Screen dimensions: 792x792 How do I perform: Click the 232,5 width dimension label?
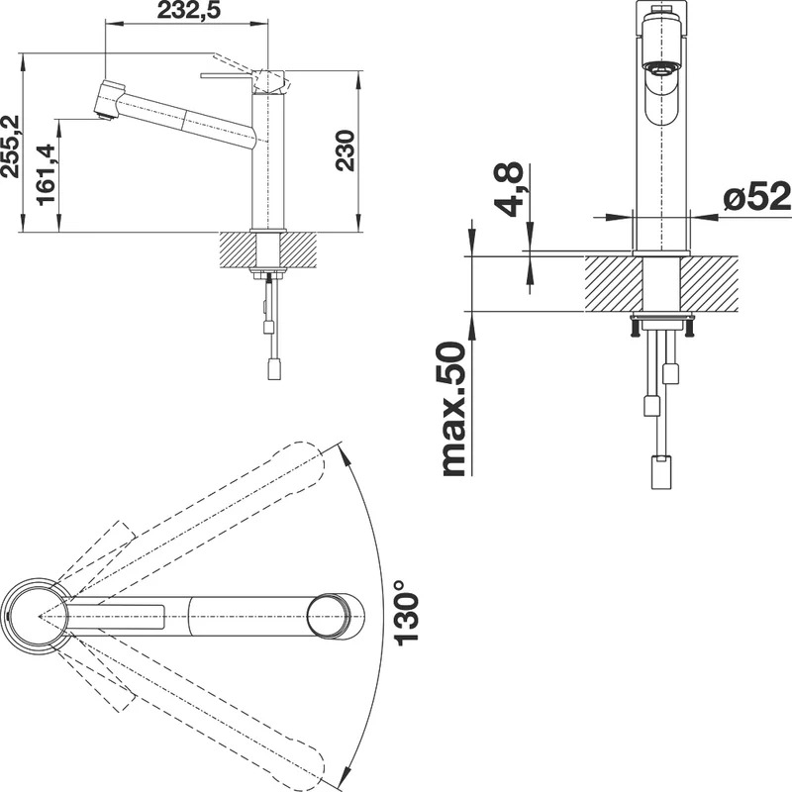189,10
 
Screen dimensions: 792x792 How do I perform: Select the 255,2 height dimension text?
10,147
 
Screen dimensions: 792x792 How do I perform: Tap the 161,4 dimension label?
47,175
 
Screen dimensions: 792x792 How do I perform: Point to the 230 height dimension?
346,150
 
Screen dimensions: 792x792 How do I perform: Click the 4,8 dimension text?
508,189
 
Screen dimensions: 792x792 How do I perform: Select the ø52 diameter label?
756,196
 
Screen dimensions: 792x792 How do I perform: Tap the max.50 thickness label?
452,409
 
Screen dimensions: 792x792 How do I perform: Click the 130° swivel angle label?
406,612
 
